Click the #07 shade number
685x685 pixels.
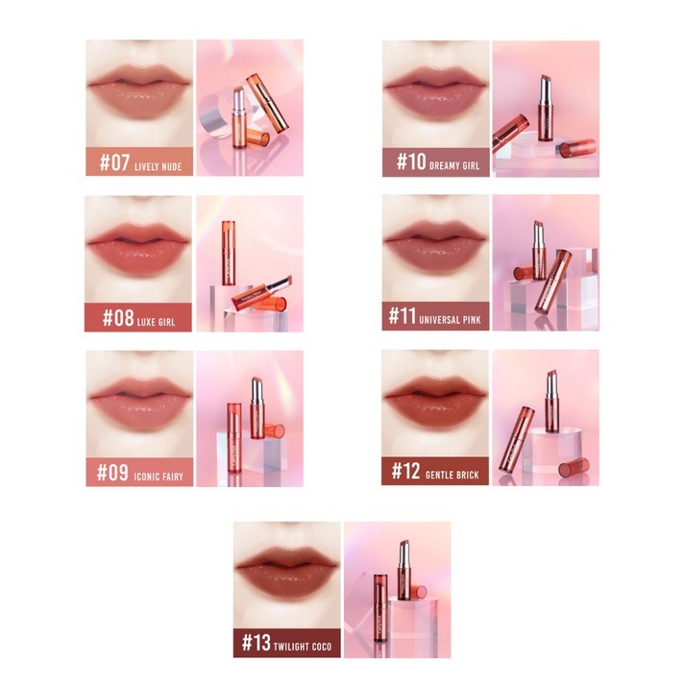pyautogui.click(x=114, y=162)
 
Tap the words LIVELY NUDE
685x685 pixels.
pyautogui.click(x=158, y=166)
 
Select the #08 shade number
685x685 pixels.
pyautogui.click(x=118, y=318)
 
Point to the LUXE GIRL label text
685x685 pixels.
pyautogui.click(x=156, y=322)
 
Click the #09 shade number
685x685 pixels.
pyautogui.click(x=112, y=473)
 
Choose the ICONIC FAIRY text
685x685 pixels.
pyautogui.click(x=159, y=477)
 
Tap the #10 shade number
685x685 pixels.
pyautogui.click(x=411, y=161)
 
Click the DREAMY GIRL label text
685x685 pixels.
pyautogui.click(x=454, y=165)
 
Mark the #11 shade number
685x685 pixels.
pyautogui.click(x=402, y=315)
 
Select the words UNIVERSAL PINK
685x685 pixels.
pyautogui.click(x=450, y=320)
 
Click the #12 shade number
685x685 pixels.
pyautogui.click(x=405, y=471)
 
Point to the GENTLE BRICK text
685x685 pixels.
pyautogui.click(x=453, y=475)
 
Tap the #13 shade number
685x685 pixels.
pyautogui.click(x=257, y=643)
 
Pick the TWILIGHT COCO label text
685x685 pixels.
pyautogui.click(x=303, y=647)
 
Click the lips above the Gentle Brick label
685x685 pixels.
pyautogui.click(x=435, y=402)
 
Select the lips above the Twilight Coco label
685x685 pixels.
pyautogui.click(x=287, y=573)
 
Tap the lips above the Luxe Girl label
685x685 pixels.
pyautogui.click(x=138, y=249)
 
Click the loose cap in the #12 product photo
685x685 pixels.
pyautogui.click(x=574, y=468)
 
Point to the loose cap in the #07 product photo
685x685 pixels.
pyautogui.click(x=257, y=138)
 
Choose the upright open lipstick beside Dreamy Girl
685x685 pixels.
pyautogui.click(x=545, y=108)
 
